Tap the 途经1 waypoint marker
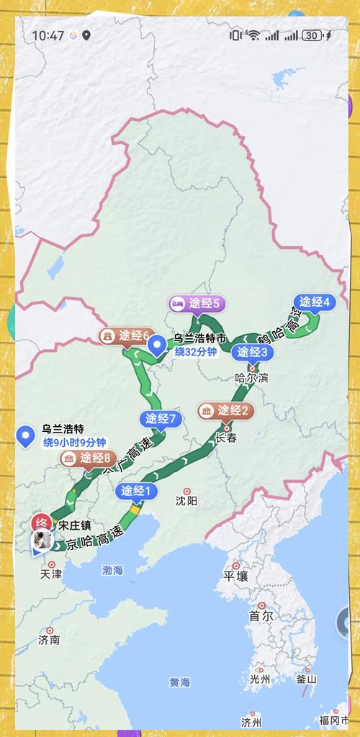coord(135,492)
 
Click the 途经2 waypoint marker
coord(226,411)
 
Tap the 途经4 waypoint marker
coord(315,302)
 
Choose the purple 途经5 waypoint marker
coord(197,304)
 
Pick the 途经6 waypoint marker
coord(127,335)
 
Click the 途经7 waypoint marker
coord(161,418)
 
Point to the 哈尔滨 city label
coord(252,377)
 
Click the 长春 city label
coord(225,437)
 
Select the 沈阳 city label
coord(186,500)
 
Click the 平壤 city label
coord(235,576)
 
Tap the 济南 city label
coord(49,639)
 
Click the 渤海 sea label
coord(112,570)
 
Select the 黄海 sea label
coord(180,682)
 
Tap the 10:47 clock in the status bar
coord(48,35)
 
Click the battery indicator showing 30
coord(312,35)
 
